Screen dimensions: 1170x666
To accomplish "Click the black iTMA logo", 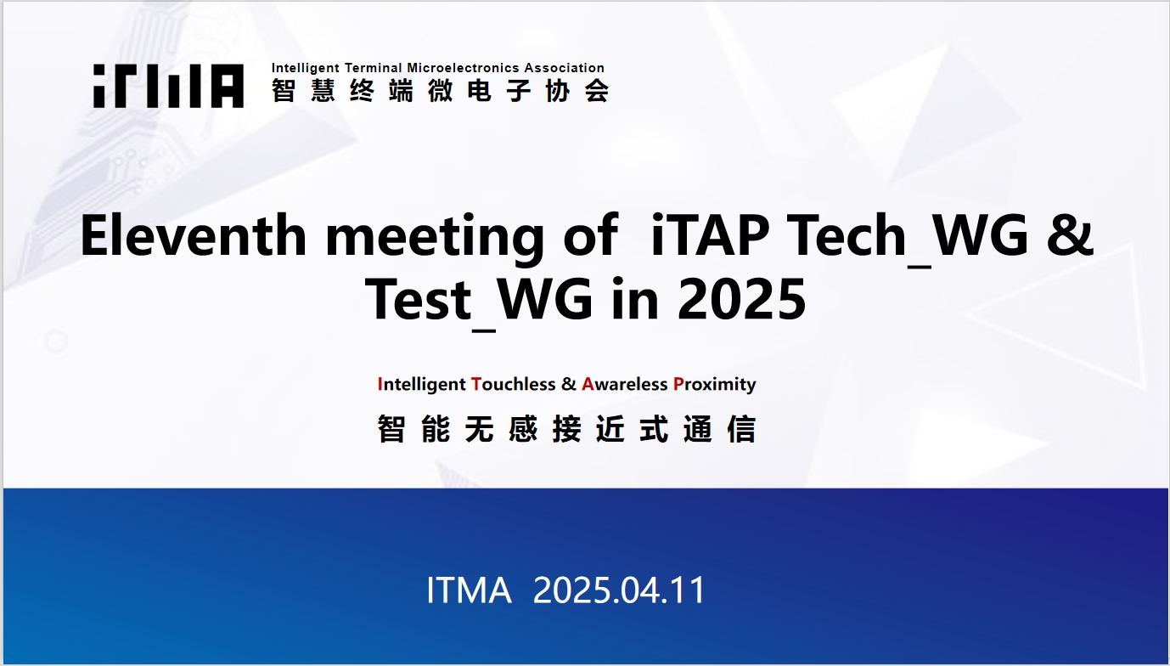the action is (x=168, y=86).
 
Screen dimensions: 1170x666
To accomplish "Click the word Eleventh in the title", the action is (x=193, y=235).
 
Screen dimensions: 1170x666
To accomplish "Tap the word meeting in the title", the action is (x=435, y=239).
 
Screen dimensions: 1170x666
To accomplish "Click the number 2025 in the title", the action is (x=741, y=300).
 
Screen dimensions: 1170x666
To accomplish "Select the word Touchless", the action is (x=514, y=384).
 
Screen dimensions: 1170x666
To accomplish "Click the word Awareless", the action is (x=625, y=384).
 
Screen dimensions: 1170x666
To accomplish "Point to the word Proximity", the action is (x=715, y=385).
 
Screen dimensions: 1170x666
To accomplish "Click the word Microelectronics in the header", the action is (x=463, y=68).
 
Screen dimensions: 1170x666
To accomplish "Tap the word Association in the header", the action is (x=564, y=68).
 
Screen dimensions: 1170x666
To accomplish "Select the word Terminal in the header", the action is (x=374, y=68).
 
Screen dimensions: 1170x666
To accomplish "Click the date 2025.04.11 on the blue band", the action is (x=619, y=590).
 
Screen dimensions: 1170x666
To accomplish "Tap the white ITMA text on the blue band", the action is (x=469, y=590).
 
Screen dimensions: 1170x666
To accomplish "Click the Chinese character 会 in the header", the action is (x=597, y=90).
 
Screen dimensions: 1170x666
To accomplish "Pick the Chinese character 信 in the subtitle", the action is (x=741, y=429).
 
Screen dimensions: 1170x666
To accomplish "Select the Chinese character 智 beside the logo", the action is (x=284, y=90).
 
